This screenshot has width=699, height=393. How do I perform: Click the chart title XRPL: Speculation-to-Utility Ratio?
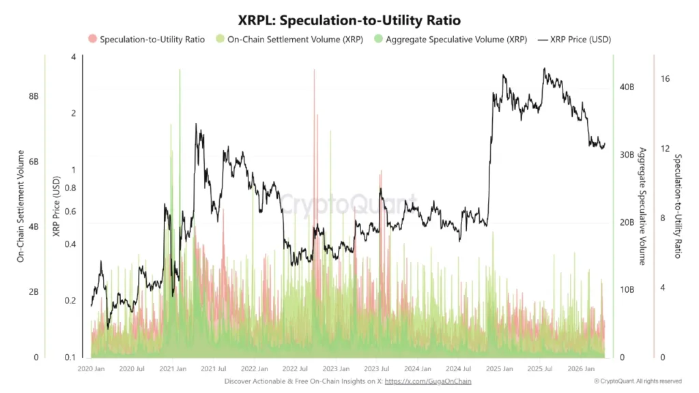349,20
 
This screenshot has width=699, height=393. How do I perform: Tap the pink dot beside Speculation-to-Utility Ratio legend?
93,40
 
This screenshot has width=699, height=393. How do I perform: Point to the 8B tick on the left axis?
33,97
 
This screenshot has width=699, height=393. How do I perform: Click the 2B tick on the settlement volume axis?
33,292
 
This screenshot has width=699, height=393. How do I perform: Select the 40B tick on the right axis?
627,87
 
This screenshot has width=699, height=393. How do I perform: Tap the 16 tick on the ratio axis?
665,79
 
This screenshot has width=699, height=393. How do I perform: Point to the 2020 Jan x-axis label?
91,369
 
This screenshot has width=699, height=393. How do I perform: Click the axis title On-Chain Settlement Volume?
20,206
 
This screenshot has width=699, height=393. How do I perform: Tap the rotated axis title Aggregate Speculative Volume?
642,206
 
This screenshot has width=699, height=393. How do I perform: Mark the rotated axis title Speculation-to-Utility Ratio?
678,206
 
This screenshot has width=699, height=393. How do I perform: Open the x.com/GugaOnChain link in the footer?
428,381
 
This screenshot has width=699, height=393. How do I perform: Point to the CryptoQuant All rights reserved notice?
638,381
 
